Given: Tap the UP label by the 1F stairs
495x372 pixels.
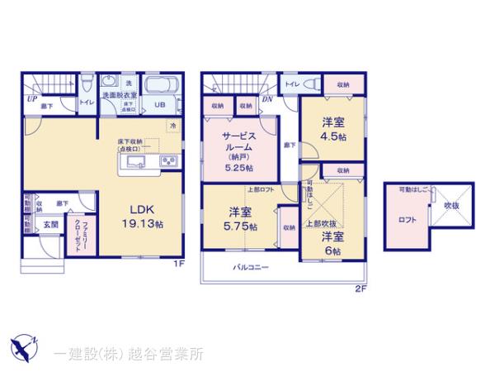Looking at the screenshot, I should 31,98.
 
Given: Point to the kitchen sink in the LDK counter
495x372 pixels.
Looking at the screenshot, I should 135,160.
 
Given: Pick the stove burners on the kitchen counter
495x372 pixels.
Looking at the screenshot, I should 168,160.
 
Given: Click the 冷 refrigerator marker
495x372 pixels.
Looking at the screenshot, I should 172,125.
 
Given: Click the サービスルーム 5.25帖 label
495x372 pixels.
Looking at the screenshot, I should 238,149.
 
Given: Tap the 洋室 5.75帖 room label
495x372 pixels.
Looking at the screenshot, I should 239,220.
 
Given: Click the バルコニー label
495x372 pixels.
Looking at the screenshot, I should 249,267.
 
